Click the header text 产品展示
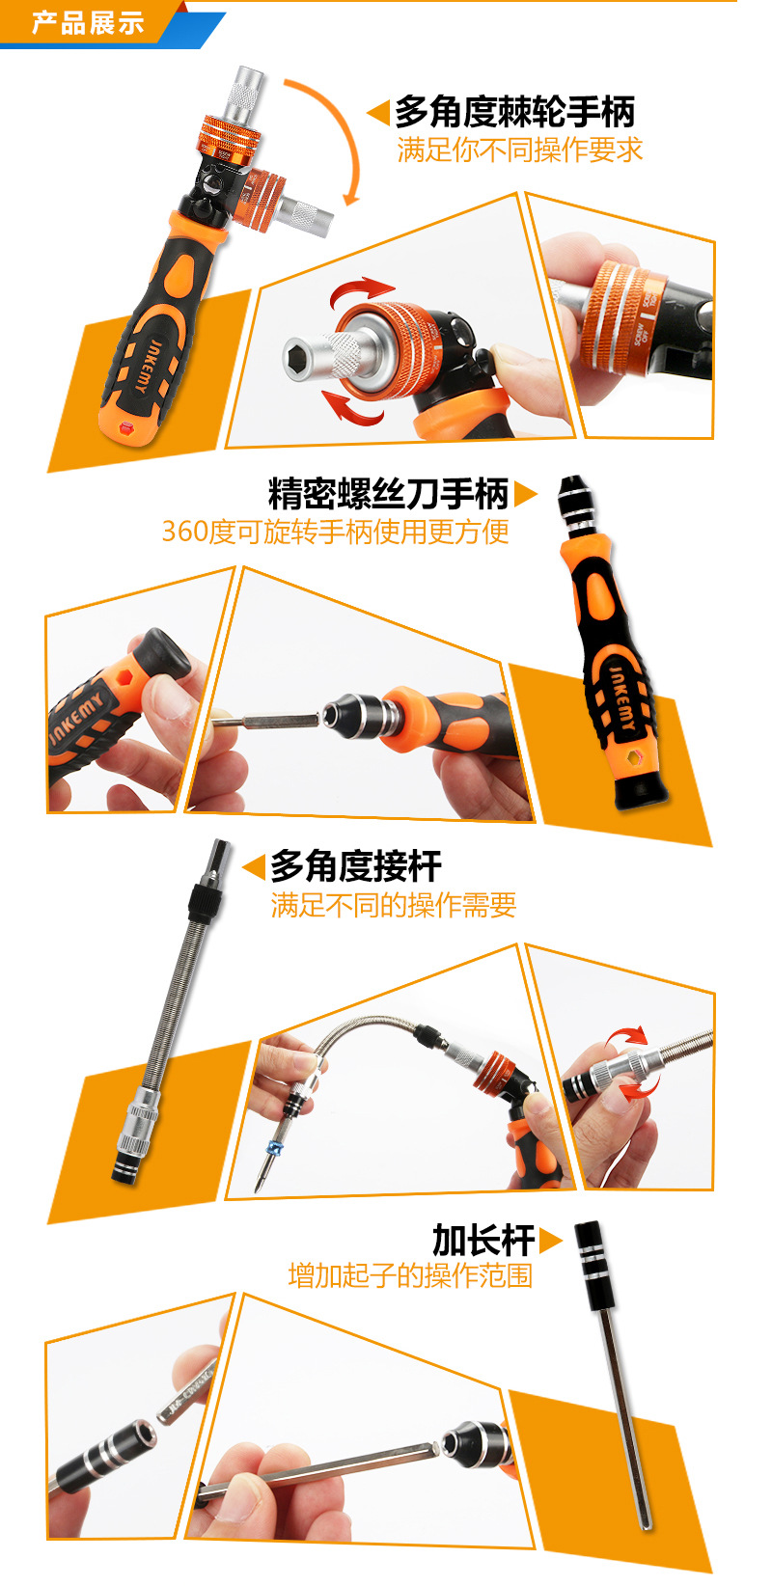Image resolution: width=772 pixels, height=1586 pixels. (88, 23)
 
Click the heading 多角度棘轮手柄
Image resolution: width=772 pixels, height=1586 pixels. (514, 112)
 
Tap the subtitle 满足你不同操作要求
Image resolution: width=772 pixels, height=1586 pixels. (519, 150)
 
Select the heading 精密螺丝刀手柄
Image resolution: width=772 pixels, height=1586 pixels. (388, 494)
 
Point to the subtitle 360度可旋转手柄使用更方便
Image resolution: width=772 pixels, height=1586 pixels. (335, 532)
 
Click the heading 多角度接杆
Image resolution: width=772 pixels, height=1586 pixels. (355, 865)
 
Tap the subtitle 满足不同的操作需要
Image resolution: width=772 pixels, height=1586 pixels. (393, 905)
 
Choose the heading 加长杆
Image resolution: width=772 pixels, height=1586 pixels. (482, 1239)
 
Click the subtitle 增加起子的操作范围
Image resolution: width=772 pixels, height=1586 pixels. (410, 1275)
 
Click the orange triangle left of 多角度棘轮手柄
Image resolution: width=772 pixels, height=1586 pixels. (378, 113)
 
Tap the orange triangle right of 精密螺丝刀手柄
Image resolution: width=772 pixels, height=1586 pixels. (525, 494)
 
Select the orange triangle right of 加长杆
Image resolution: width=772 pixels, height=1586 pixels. (550, 1240)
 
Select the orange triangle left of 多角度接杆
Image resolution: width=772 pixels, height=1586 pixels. (254, 866)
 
